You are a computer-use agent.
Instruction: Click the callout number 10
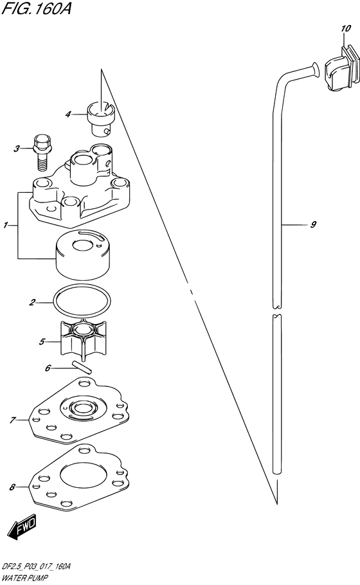[345, 28]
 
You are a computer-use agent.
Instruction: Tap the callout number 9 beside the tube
[313, 224]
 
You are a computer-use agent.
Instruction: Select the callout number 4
[68, 114]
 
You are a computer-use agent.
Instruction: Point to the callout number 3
[17, 149]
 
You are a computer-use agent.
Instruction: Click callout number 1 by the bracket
[6, 225]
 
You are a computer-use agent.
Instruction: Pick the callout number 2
[32, 302]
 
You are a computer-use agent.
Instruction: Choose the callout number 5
[42, 341]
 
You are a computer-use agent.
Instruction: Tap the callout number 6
[48, 368]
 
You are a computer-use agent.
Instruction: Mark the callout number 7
[12, 420]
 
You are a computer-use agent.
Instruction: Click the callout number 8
[12, 487]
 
